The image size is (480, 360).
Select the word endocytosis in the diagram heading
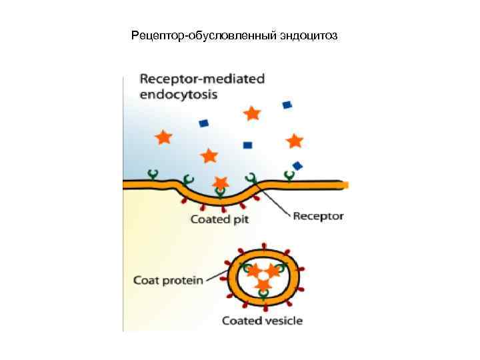pos(178,94)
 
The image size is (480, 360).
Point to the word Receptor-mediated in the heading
pos(202,79)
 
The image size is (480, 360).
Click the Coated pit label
pos(219,219)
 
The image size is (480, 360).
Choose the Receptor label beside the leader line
pos(318,215)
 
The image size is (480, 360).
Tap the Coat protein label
pos(168,280)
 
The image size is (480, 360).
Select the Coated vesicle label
pos(262,321)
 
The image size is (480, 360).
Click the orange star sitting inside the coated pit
pos(220,183)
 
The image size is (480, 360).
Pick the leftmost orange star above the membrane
pos(163,137)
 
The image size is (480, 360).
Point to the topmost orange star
pos(252,113)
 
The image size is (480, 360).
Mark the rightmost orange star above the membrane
pos(294,141)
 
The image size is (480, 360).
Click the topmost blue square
pos(287,105)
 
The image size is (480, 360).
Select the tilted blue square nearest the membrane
pos(297,165)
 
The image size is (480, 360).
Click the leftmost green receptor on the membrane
pos(153,175)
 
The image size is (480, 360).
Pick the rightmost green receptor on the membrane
pos(289,175)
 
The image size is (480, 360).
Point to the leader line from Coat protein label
pos(216,277)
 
